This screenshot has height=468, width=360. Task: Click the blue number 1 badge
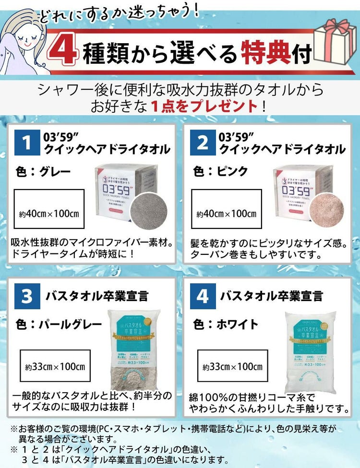pyautogui.click(x=27, y=143)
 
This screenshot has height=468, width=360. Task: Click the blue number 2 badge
pyautogui.click(x=203, y=143)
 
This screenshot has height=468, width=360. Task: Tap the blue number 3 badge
pyautogui.click(x=27, y=296)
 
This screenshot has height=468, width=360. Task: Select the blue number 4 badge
pyautogui.click(x=203, y=296)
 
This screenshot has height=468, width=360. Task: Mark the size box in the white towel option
pyautogui.click(x=232, y=367)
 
